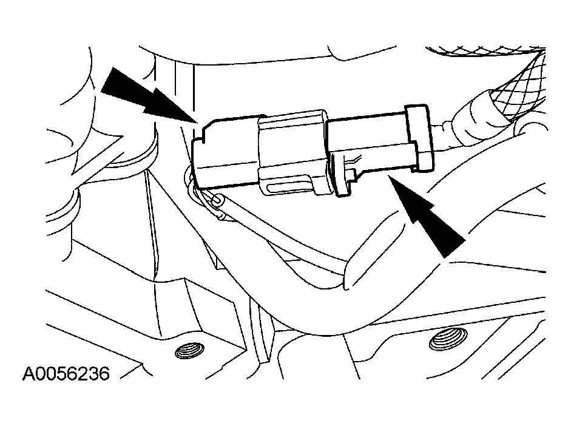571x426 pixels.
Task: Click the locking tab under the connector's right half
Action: click(343, 176)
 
